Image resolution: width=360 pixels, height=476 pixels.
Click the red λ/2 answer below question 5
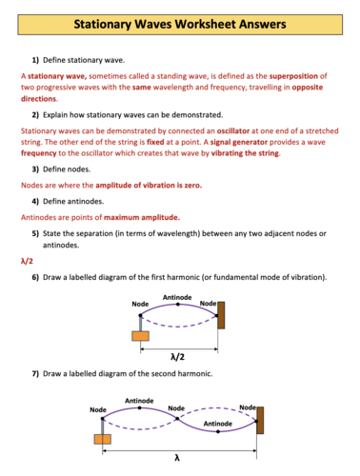click(27, 260)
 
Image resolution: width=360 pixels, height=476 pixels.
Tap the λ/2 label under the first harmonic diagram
click(176, 356)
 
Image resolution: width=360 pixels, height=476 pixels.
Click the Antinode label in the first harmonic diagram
click(177, 298)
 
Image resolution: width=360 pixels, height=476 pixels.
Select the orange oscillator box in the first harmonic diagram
click(140, 335)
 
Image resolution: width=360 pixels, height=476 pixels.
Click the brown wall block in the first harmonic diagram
click(221, 315)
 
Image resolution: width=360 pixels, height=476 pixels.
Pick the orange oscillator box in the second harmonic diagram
click(102, 439)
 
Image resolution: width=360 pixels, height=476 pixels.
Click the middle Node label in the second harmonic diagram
click(176, 408)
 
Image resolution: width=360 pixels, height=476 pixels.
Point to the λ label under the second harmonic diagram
click(177, 458)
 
